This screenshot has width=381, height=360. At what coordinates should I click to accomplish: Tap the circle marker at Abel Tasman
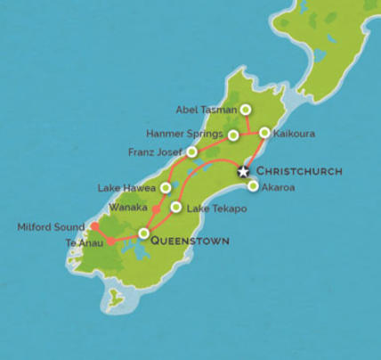(245, 110)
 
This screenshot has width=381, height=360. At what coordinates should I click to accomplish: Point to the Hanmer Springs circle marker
(233, 135)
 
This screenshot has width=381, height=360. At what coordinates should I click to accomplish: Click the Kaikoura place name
(296, 134)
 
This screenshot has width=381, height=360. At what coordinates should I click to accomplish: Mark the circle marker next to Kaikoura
(264, 133)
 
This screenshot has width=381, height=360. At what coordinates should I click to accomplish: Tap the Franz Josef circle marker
(192, 151)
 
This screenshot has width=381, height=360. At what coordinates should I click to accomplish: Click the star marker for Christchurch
(242, 170)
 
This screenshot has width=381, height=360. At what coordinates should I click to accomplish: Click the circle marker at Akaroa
(254, 186)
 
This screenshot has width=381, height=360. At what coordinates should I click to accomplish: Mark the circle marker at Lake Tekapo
(176, 208)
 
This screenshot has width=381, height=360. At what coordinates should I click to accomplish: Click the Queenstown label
(190, 241)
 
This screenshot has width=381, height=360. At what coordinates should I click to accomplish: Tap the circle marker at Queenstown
(144, 233)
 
